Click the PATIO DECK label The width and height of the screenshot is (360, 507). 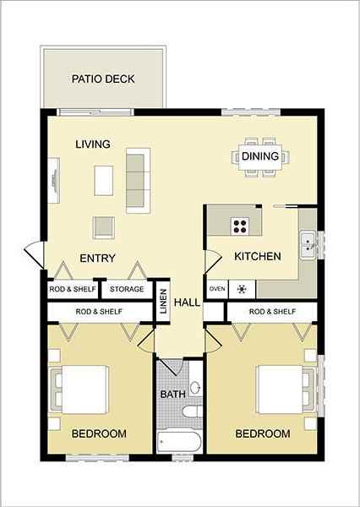[103, 79]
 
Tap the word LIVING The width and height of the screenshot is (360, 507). [93, 144]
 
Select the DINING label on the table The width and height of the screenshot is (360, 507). [259, 156]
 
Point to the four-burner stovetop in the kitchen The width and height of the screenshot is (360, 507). [241, 226]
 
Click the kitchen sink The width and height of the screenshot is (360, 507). [307, 244]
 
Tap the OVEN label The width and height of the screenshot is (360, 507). [216, 289]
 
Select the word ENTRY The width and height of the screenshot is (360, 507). [97, 258]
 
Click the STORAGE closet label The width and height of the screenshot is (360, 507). [126, 289]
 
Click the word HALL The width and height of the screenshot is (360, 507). [187, 302]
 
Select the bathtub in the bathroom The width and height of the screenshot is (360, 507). [179, 442]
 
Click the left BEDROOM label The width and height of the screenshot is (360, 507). [99, 433]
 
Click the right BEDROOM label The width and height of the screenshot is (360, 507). [262, 433]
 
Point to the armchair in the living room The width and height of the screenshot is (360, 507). [103, 226]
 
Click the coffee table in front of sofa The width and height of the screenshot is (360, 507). [103, 179]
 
